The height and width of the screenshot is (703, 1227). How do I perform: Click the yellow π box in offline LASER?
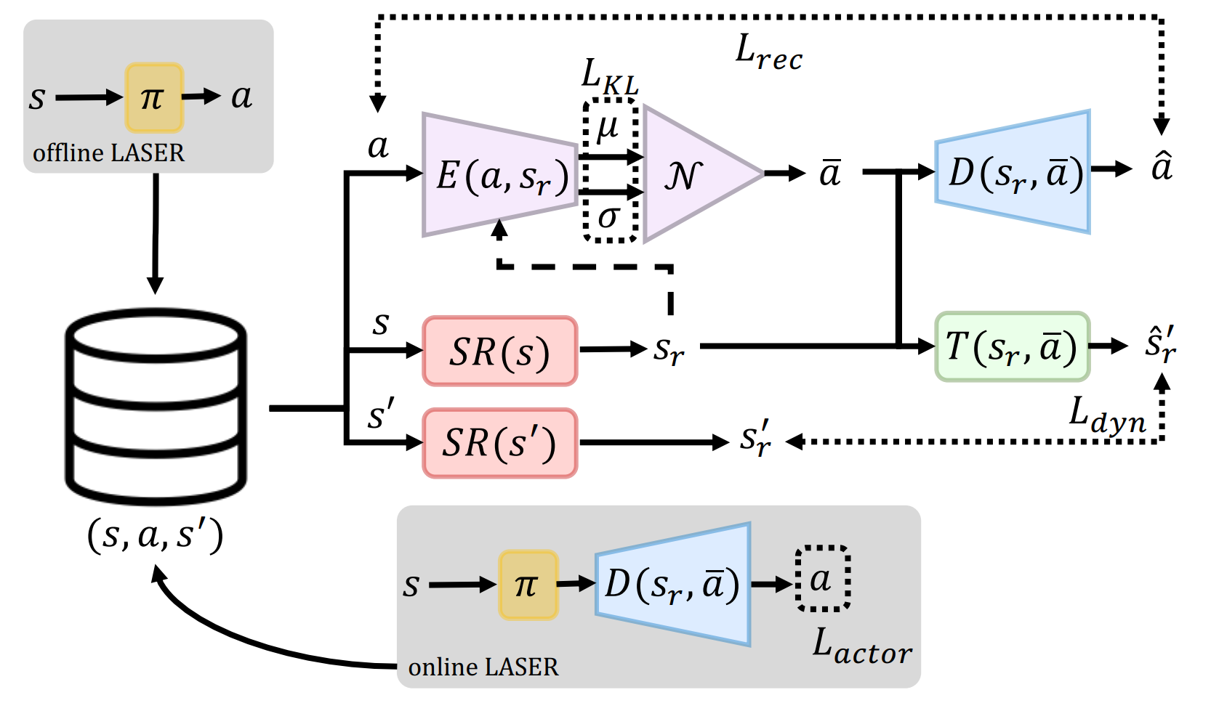[x=153, y=97]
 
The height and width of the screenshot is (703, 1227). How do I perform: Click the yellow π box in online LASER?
[x=528, y=585]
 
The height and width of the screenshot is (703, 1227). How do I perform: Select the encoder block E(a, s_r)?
[x=499, y=175]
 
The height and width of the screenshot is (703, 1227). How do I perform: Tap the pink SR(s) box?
[x=499, y=351]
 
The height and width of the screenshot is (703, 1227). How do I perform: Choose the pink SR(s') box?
[x=499, y=443]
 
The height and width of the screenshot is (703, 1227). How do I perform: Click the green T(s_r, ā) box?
[x=1012, y=346]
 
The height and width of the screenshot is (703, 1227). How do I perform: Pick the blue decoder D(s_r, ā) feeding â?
[x=1013, y=172]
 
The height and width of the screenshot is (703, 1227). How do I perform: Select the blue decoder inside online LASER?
[x=672, y=584]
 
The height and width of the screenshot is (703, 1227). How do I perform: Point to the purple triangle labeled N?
[x=691, y=174]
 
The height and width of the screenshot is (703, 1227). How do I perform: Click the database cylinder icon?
[x=156, y=407]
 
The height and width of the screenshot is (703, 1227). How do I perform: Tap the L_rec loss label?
[x=768, y=53]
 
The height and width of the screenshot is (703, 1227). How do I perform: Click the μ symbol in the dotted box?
[x=608, y=128]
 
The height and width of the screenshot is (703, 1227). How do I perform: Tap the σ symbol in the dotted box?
[x=608, y=216]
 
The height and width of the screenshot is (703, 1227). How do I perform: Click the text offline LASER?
[x=108, y=153]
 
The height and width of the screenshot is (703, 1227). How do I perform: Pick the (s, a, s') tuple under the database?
[x=155, y=535]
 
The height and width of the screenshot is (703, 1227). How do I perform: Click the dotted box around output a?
[x=822, y=579]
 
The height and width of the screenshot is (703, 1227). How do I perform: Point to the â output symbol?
[x=1162, y=166]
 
